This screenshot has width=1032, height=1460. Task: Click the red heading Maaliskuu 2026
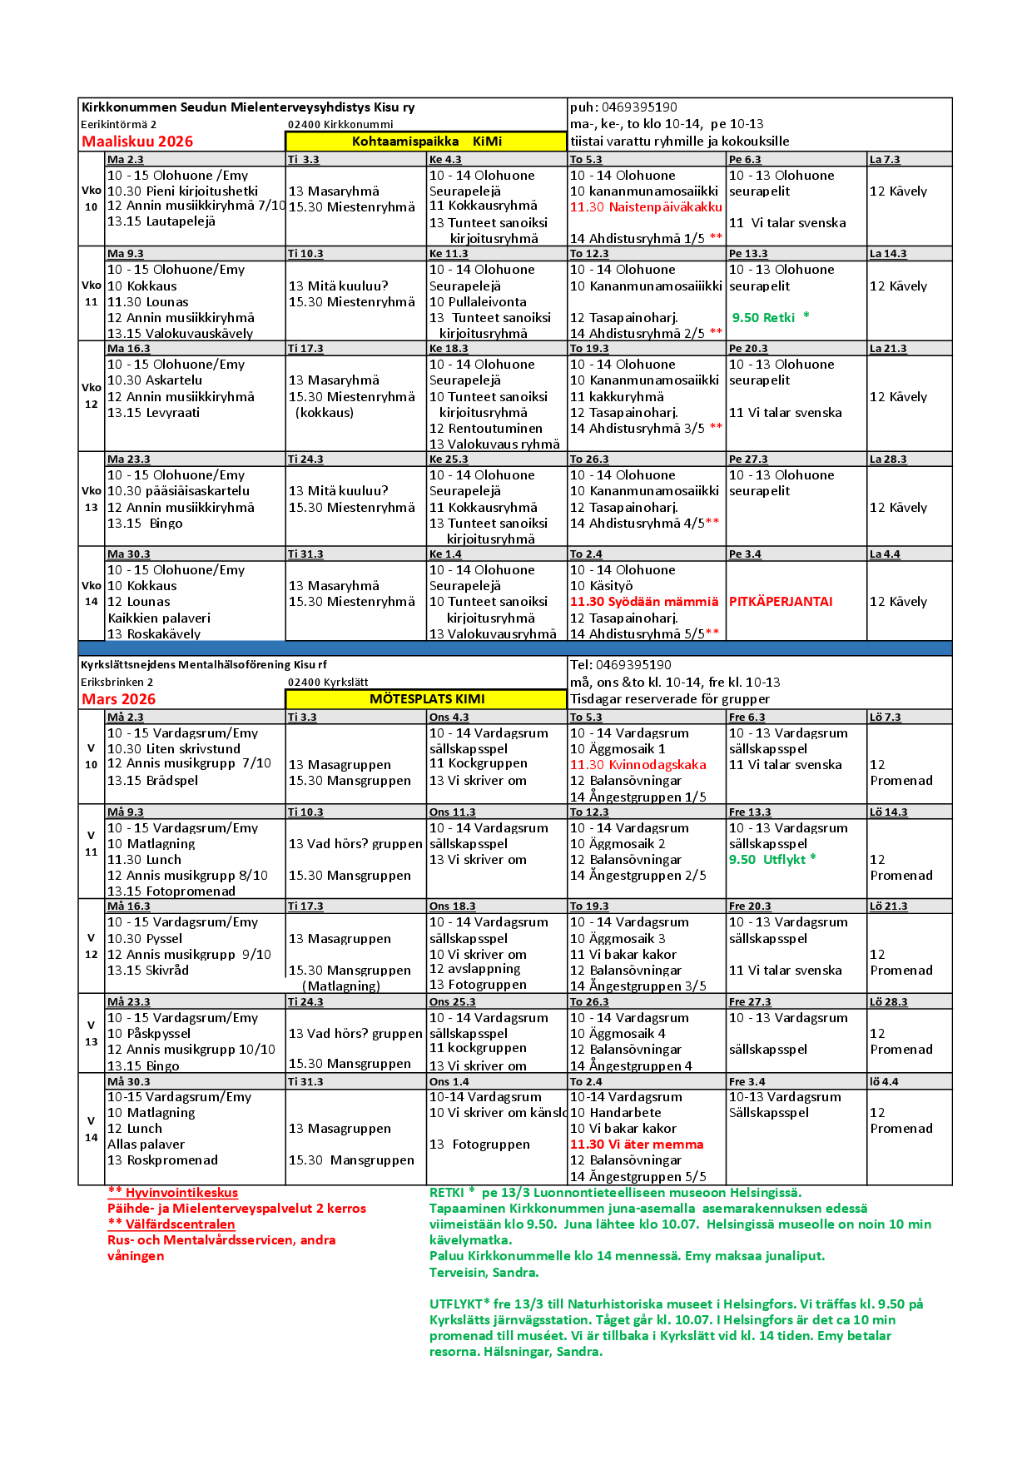click(x=137, y=142)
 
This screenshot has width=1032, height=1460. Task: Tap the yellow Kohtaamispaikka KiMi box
click(x=426, y=142)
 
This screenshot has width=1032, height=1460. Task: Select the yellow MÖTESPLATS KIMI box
click(x=426, y=699)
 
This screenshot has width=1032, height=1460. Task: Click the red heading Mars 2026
click(x=118, y=699)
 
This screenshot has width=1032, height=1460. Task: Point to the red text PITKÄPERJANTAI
click(x=781, y=602)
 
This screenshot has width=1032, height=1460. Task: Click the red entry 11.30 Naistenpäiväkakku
click(x=646, y=207)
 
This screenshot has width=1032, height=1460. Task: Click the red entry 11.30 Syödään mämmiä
click(x=643, y=602)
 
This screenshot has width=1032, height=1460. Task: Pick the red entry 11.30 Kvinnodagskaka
click(x=638, y=765)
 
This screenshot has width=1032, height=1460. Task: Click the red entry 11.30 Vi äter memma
click(x=637, y=1145)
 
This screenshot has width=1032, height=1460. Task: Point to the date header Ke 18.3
click(x=449, y=349)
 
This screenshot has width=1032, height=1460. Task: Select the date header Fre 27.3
click(x=750, y=1002)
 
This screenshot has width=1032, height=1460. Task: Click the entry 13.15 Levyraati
click(x=154, y=413)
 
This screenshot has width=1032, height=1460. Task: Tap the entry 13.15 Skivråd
click(x=148, y=971)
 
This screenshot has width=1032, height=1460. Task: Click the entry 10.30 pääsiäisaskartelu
click(x=178, y=491)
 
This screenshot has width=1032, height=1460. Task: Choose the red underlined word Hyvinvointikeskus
click(x=181, y=1193)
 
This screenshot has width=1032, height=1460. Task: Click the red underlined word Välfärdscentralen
click(x=180, y=1224)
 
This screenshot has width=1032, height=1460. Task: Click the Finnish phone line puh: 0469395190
click(x=623, y=107)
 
